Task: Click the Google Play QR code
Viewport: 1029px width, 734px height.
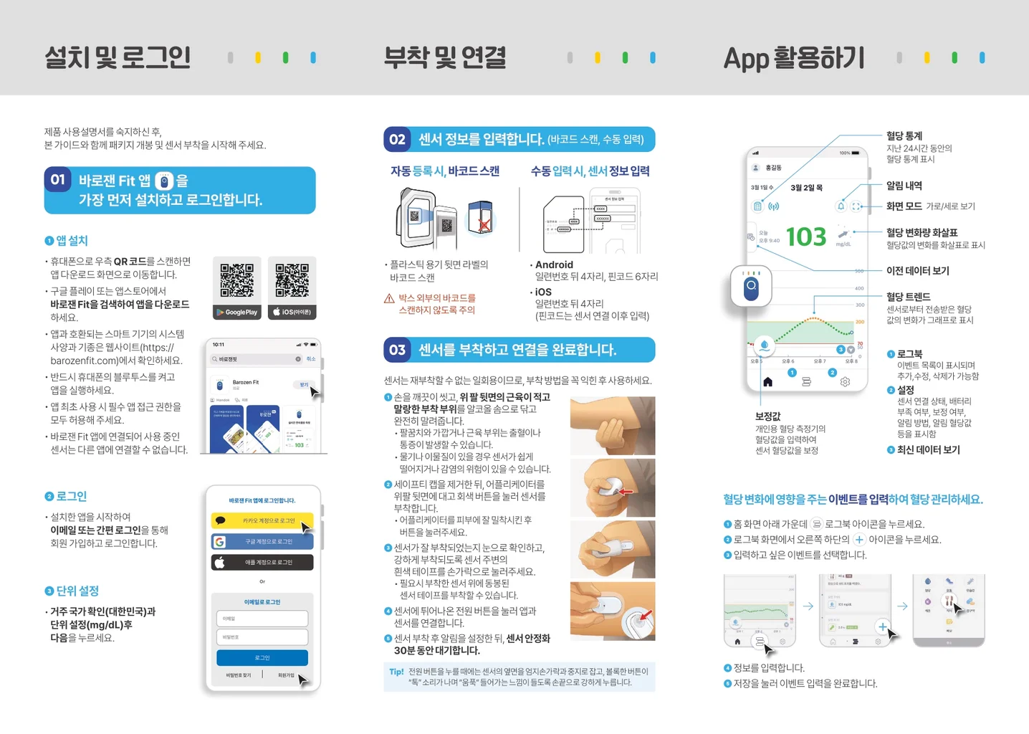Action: click(x=236, y=280)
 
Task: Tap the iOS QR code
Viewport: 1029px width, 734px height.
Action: click(x=292, y=280)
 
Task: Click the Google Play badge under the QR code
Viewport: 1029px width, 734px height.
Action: click(x=236, y=313)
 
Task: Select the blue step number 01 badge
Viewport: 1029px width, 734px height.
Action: click(x=58, y=180)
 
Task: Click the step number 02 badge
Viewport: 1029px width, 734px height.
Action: click(x=397, y=139)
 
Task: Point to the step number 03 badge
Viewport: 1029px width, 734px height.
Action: click(x=397, y=350)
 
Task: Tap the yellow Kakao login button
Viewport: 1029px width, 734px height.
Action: click(x=262, y=520)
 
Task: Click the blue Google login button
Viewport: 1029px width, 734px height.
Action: click(x=262, y=541)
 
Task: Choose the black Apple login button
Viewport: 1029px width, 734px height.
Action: click(x=262, y=562)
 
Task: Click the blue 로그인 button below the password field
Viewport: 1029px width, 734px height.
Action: click(x=262, y=657)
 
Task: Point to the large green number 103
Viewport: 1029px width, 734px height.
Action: click(x=806, y=237)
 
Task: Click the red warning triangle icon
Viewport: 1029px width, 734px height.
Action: click(x=389, y=298)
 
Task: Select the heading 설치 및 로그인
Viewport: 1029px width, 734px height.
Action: click(x=118, y=57)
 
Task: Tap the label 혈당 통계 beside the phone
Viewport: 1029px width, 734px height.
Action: click(x=904, y=135)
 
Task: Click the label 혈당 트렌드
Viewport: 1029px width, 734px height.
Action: click(x=908, y=297)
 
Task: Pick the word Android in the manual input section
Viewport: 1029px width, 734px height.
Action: click(x=554, y=264)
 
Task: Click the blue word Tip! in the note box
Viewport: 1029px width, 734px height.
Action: click(x=396, y=672)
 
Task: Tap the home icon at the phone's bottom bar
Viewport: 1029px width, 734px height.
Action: click(x=767, y=382)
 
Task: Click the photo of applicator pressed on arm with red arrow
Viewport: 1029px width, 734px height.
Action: click(x=613, y=488)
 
